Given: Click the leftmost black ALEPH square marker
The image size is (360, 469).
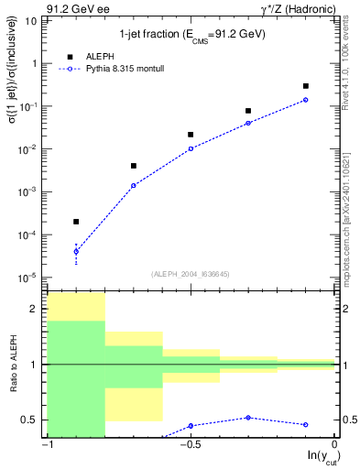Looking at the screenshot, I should pos(76,222).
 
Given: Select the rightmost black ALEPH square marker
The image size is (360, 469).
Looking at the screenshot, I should pos(305,86).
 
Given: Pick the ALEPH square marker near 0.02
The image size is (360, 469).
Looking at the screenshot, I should pos(191,135).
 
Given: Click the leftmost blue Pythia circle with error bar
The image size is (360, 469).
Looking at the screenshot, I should pos(76,251).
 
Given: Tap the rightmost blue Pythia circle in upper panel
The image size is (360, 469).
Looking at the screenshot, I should pos(305,100).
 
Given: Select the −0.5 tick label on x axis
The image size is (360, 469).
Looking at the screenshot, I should pos(191,445).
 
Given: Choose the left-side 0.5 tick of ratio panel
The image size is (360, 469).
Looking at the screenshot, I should pos(33,420).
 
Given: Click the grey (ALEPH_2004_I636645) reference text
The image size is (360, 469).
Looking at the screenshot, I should pos(190,273).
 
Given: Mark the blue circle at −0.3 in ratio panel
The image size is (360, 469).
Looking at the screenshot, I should pos(248,418).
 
